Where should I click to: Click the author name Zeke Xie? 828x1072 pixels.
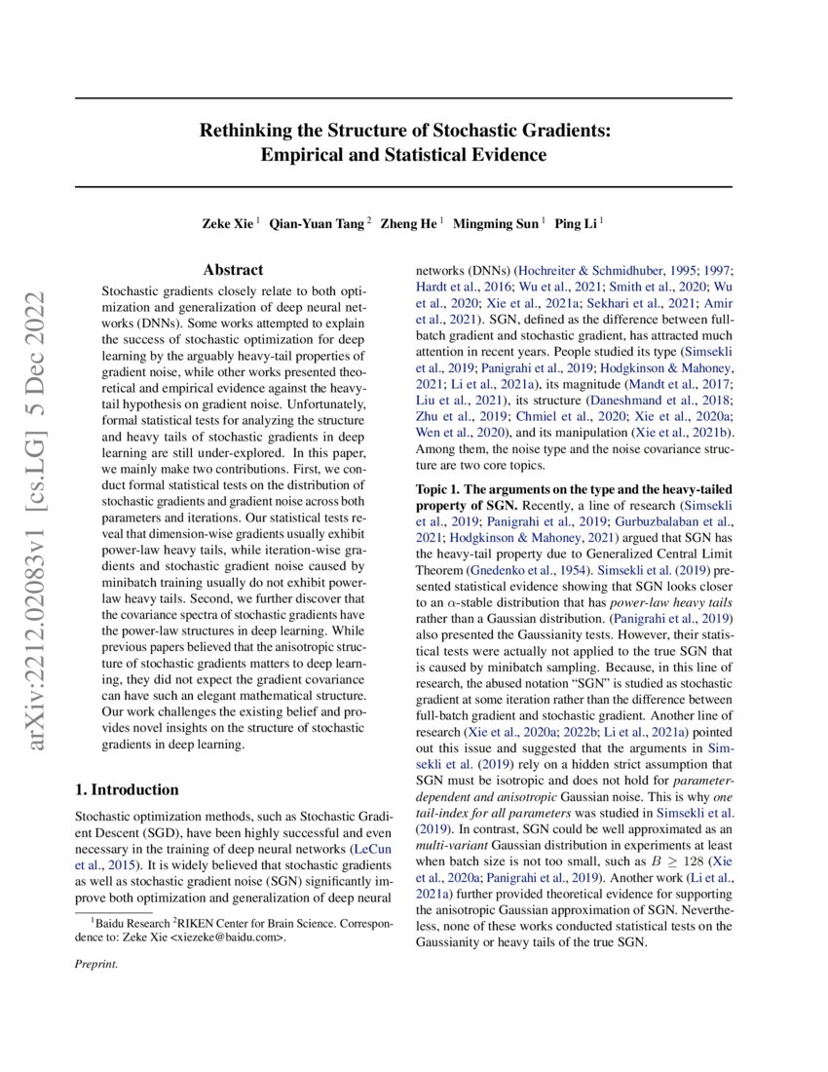pyautogui.click(x=227, y=223)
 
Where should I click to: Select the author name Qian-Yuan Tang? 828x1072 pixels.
pyautogui.click(x=318, y=223)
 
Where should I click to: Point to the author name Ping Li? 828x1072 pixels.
pyautogui.click(x=576, y=223)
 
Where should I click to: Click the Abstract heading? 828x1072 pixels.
pyautogui.click(x=233, y=270)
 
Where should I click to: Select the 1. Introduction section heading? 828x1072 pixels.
pyautogui.click(x=127, y=789)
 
